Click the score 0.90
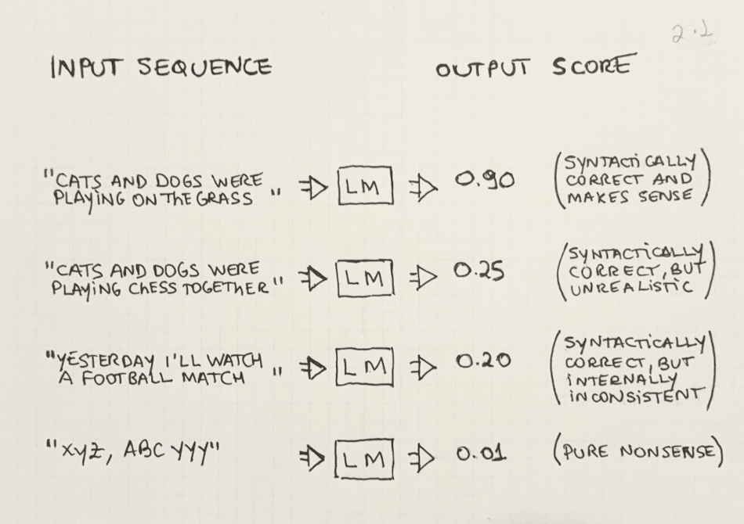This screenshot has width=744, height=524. [x=485, y=181]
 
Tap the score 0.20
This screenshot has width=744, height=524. [x=482, y=362]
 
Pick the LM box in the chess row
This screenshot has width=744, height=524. [x=364, y=278]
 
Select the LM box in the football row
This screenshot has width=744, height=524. [x=365, y=365]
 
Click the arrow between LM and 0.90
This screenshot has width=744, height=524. [x=422, y=185]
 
